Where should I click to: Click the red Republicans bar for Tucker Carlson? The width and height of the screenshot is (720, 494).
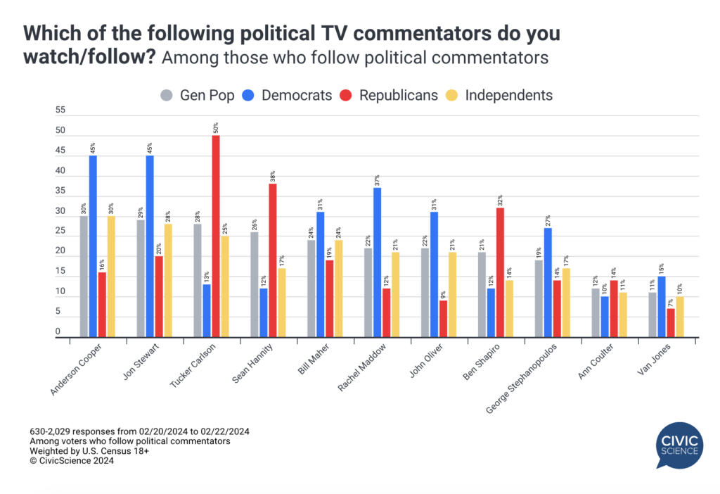tap(215, 236)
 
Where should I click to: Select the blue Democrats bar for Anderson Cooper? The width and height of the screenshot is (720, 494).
tap(93, 246)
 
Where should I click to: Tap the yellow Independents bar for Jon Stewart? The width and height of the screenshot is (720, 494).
tap(167, 281)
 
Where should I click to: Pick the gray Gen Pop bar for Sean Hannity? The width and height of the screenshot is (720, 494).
tap(255, 285)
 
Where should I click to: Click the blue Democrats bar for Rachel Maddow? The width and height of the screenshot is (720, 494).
tap(378, 262)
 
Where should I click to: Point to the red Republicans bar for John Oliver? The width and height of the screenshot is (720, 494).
tap(443, 319)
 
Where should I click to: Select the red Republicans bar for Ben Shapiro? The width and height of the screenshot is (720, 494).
tap(500, 272)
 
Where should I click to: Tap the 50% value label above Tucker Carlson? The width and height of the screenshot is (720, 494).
tap(216, 127)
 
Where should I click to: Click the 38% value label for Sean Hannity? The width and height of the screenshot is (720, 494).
tap(272, 176)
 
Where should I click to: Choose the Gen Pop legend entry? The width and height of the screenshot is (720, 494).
tap(188, 95)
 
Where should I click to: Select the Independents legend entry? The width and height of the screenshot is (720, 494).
tap(500, 95)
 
